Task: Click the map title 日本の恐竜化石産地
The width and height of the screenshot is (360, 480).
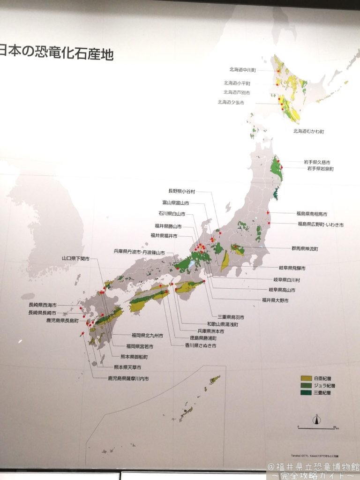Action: (56, 52)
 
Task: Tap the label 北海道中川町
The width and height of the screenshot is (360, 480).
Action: (242, 70)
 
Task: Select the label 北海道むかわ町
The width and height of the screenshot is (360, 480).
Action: (308, 131)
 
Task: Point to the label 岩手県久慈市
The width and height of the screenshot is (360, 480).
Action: (320, 162)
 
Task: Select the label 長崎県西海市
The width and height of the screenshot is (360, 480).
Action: (42, 305)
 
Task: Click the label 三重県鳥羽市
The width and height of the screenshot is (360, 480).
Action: (231, 317)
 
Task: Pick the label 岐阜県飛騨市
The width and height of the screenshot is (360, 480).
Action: (292, 269)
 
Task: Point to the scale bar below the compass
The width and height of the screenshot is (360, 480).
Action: (317, 427)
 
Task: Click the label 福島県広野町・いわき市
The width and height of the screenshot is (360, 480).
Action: (320, 225)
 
